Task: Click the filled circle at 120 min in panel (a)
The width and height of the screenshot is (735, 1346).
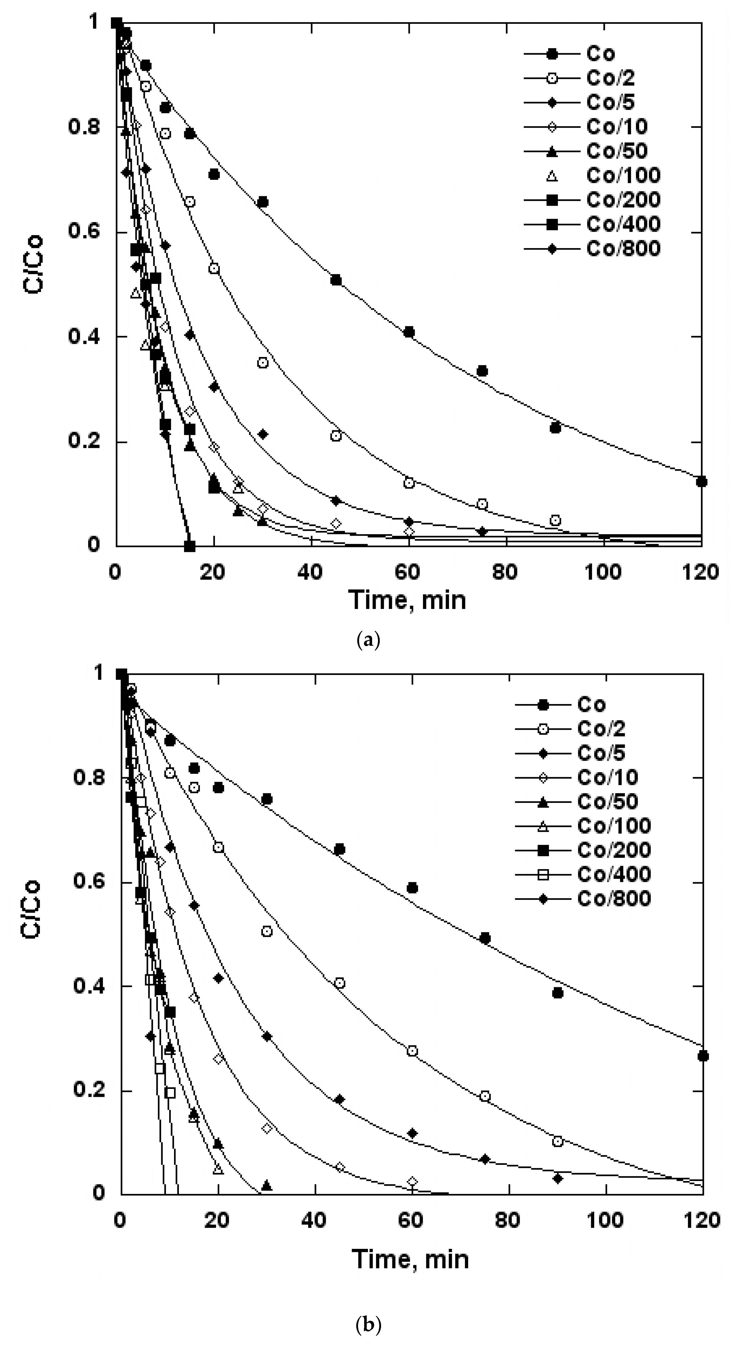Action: tap(702, 481)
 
